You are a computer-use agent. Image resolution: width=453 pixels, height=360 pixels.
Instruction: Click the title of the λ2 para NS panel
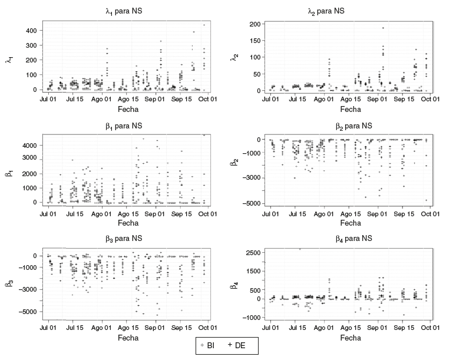[351, 11]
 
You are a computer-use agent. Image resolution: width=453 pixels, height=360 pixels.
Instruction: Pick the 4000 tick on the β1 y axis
[29, 145]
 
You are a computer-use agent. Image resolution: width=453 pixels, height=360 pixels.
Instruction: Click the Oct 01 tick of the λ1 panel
[207, 99]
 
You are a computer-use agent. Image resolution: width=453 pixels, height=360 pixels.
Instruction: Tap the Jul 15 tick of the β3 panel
[75, 326]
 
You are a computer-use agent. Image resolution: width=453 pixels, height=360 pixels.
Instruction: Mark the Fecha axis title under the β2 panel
[351, 223]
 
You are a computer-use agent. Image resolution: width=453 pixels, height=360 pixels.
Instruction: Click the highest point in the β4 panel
[300, 249]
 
